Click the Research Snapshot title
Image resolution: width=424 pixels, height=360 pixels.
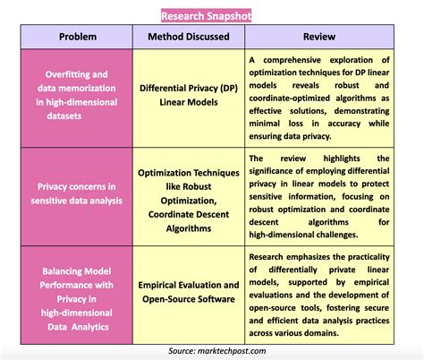tap(206, 15)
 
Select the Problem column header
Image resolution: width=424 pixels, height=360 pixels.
tap(78, 37)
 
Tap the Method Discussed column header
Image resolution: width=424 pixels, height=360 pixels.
tap(188, 37)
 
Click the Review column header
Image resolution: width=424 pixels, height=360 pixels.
tap(318, 37)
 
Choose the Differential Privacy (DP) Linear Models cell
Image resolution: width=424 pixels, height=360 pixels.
tap(188, 96)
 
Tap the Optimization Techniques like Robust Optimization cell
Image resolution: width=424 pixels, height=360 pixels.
tap(188, 193)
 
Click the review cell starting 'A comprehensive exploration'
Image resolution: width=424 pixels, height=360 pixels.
tap(319, 97)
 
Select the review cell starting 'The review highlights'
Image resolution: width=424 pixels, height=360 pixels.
tap(319, 193)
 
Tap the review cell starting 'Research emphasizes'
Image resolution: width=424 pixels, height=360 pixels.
tap(319, 291)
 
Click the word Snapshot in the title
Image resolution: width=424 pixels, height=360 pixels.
tap(228, 15)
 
